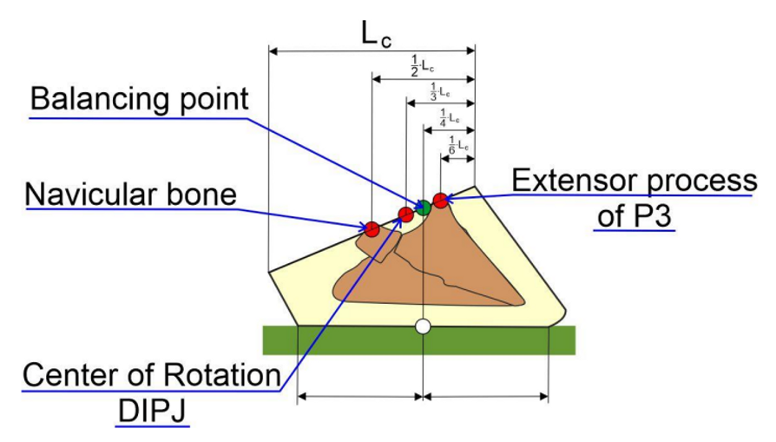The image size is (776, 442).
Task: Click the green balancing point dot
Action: (423, 208)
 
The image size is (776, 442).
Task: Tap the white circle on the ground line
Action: (423, 327)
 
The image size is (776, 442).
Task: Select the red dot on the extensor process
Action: (440, 201)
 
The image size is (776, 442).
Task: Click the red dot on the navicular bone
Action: (372, 229)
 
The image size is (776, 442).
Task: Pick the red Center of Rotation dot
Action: (406, 214)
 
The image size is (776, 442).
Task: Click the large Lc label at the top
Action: (376, 35)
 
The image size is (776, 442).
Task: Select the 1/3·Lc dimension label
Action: (440, 92)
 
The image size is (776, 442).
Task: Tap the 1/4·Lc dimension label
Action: (450, 118)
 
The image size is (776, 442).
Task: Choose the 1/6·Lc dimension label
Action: (458, 145)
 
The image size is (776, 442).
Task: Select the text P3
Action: (652, 216)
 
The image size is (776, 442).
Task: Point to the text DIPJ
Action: (152, 411)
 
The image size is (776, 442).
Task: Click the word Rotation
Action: (222, 375)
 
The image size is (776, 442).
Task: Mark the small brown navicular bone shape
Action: (378, 246)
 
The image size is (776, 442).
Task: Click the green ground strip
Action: (418, 340)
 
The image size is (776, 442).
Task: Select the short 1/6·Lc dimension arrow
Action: (457, 159)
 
